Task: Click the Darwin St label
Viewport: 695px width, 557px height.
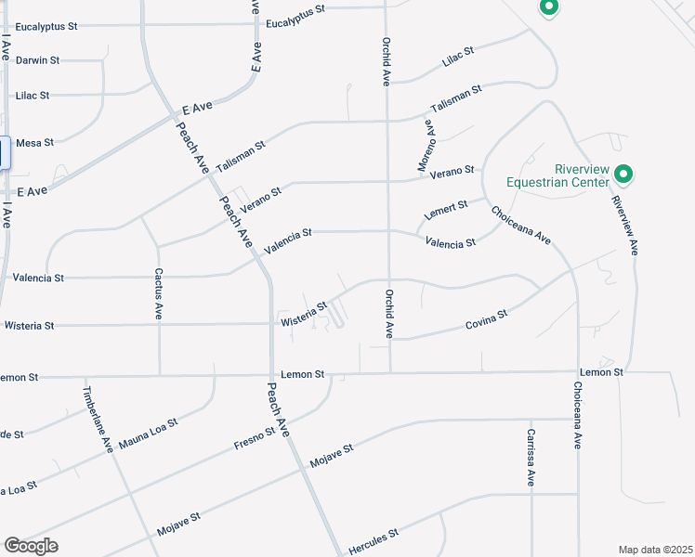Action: click(x=37, y=60)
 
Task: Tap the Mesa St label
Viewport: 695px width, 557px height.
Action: click(x=34, y=143)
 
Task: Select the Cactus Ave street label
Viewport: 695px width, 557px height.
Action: click(x=159, y=295)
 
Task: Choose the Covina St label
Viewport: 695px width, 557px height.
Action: click(x=487, y=320)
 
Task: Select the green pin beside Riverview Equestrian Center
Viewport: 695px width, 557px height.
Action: click(x=624, y=174)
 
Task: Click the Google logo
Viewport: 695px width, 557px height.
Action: click(x=31, y=546)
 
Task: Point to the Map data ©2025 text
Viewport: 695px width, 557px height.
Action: click(x=655, y=549)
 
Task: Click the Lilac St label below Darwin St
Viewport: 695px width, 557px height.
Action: click(x=33, y=96)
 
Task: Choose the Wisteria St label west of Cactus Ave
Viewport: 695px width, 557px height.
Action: click(x=30, y=326)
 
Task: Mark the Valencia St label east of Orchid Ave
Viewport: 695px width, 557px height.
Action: click(x=451, y=243)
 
